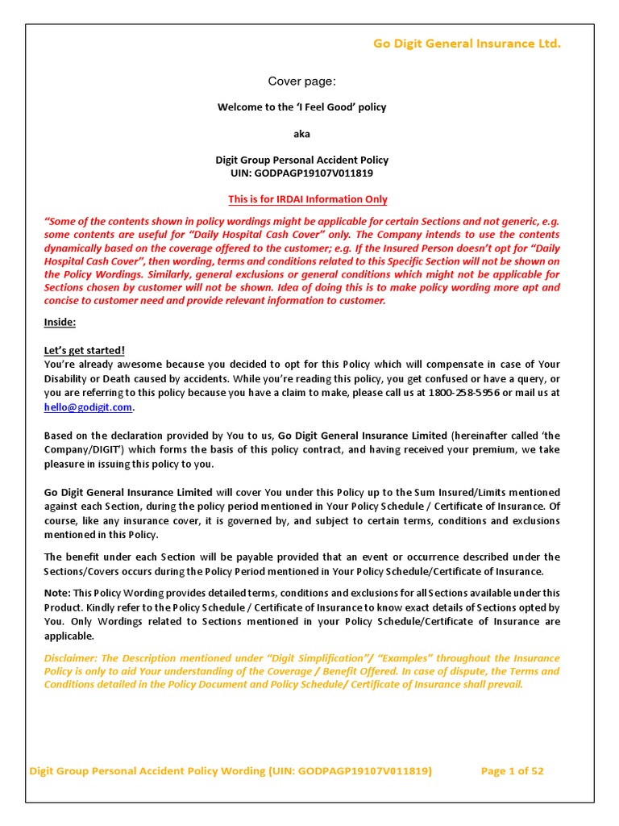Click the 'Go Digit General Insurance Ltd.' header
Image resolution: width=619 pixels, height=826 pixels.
click(466, 44)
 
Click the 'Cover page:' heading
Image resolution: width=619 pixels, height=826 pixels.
click(301, 81)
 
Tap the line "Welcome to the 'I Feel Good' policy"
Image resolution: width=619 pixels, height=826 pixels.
click(301, 107)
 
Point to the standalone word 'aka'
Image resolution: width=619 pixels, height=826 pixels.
click(301, 134)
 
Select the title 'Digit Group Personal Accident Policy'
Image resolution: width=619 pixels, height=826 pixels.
click(301, 160)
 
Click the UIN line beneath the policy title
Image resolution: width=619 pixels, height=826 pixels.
click(301, 173)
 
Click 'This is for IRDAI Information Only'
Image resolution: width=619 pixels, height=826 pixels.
click(307, 199)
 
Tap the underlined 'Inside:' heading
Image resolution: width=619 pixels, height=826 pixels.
click(60, 323)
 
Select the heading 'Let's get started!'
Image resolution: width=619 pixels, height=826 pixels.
click(85, 350)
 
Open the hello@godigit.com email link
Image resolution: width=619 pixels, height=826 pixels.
click(88, 407)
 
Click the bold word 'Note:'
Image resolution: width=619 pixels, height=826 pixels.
click(57, 593)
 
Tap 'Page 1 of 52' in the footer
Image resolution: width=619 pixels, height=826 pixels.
click(512, 771)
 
